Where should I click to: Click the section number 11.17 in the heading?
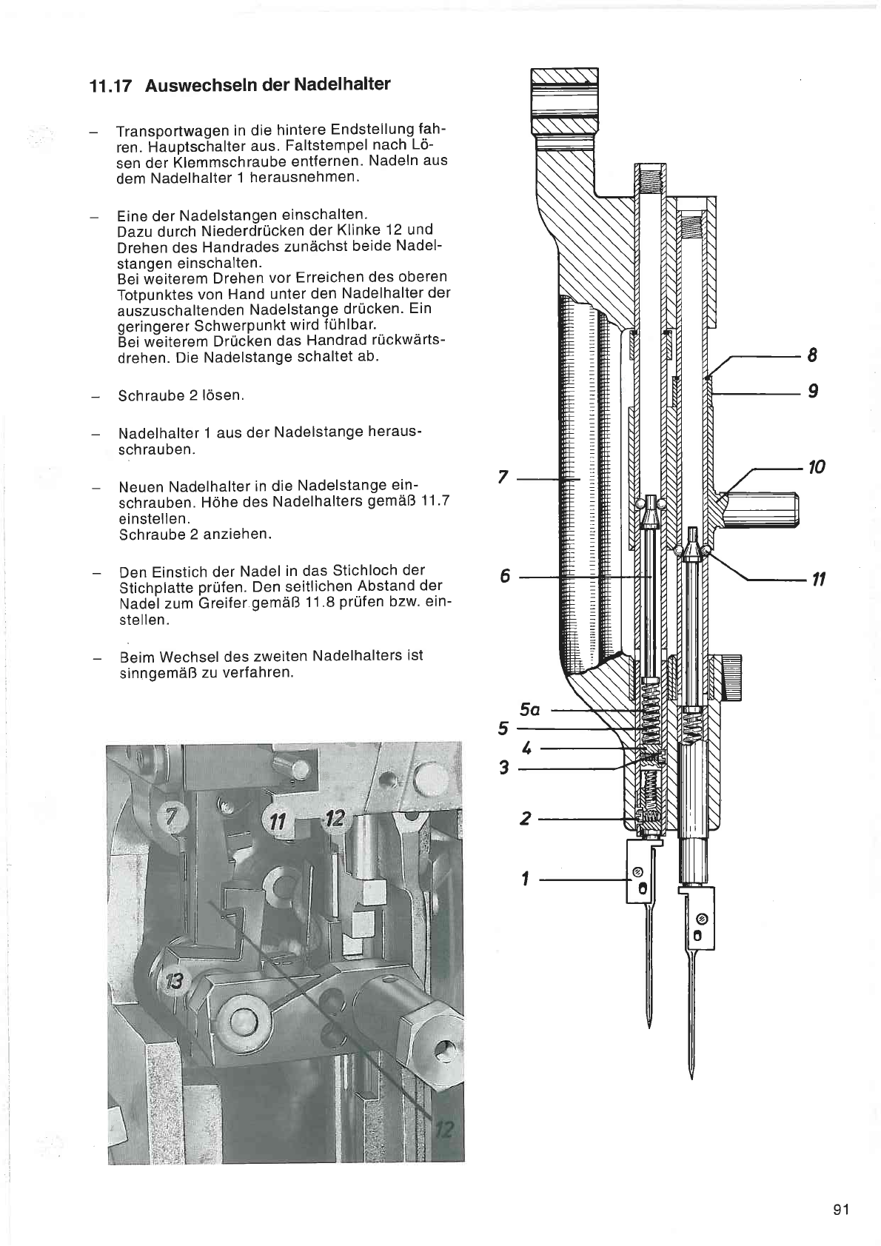[111, 87]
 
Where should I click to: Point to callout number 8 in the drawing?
[812, 355]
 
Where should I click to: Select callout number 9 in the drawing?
[813, 391]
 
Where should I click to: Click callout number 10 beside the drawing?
[817, 467]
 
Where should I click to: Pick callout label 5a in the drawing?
[529, 710]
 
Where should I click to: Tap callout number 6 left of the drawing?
[505, 576]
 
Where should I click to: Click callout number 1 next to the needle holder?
[524, 880]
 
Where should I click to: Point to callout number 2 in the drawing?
[525, 818]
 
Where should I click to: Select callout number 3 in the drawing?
[504, 768]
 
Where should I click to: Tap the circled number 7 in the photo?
[172, 817]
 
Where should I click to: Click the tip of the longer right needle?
[691, 1079]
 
